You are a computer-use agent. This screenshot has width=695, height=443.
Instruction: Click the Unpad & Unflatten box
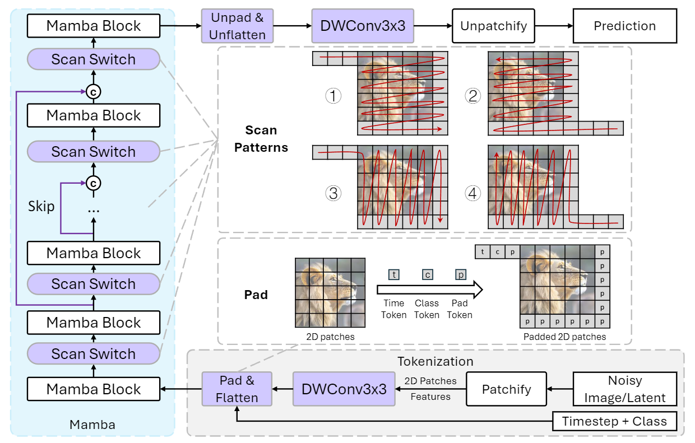pyautogui.click(x=237, y=26)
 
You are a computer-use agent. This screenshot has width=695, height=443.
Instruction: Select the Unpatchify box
pyautogui.click(x=493, y=26)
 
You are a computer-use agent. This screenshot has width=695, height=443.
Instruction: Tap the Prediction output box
pyautogui.click(x=624, y=26)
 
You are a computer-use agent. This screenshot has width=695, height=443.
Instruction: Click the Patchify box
pyautogui.click(x=506, y=389)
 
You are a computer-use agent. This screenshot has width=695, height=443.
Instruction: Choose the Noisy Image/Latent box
pyautogui.click(x=625, y=389)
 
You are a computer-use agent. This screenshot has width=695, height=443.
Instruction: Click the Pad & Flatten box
pyautogui.click(x=237, y=389)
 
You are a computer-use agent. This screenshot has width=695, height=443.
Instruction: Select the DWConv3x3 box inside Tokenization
pyautogui.click(x=344, y=389)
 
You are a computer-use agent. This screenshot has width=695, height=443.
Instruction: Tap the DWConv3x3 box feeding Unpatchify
pyautogui.click(x=363, y=26)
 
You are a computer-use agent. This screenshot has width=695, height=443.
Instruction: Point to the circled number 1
pyautogui.click(x=333, y=96)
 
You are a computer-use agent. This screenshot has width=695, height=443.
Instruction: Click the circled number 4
pyautogui.click(x=473, y=194)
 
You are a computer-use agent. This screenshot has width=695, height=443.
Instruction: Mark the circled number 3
pyautogui.click(x=333, y=194)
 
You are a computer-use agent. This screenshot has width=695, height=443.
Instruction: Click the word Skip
pyautogui.click(x=41, y=206)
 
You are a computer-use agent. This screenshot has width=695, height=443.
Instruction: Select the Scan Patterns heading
pyautogui.click(x=261, y=139)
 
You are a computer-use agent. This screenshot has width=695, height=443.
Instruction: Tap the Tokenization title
pyautogui.click(x=435, y=361)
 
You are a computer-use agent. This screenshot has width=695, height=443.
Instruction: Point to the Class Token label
pyautogui.click(x=427, y=309)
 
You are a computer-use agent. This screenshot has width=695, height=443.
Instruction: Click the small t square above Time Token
pyautogui.click(x=394, y=275)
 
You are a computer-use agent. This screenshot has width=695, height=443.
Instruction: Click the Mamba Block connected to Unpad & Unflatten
pyautogui.click(x=94, y=26)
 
